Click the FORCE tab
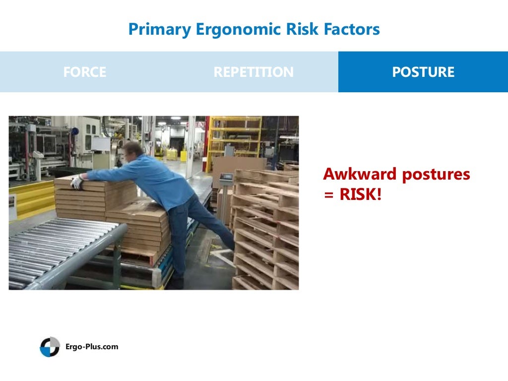[x=85, y=72]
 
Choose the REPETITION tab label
[x=254, y=72]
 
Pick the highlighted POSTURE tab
[x=423, y=72]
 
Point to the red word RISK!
[x=361, y=194]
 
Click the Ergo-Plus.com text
[x=92, y=347]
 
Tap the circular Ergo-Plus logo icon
[x=50, y=347]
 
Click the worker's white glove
[x=76, y=182]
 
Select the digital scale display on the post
[x=226, y=177]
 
